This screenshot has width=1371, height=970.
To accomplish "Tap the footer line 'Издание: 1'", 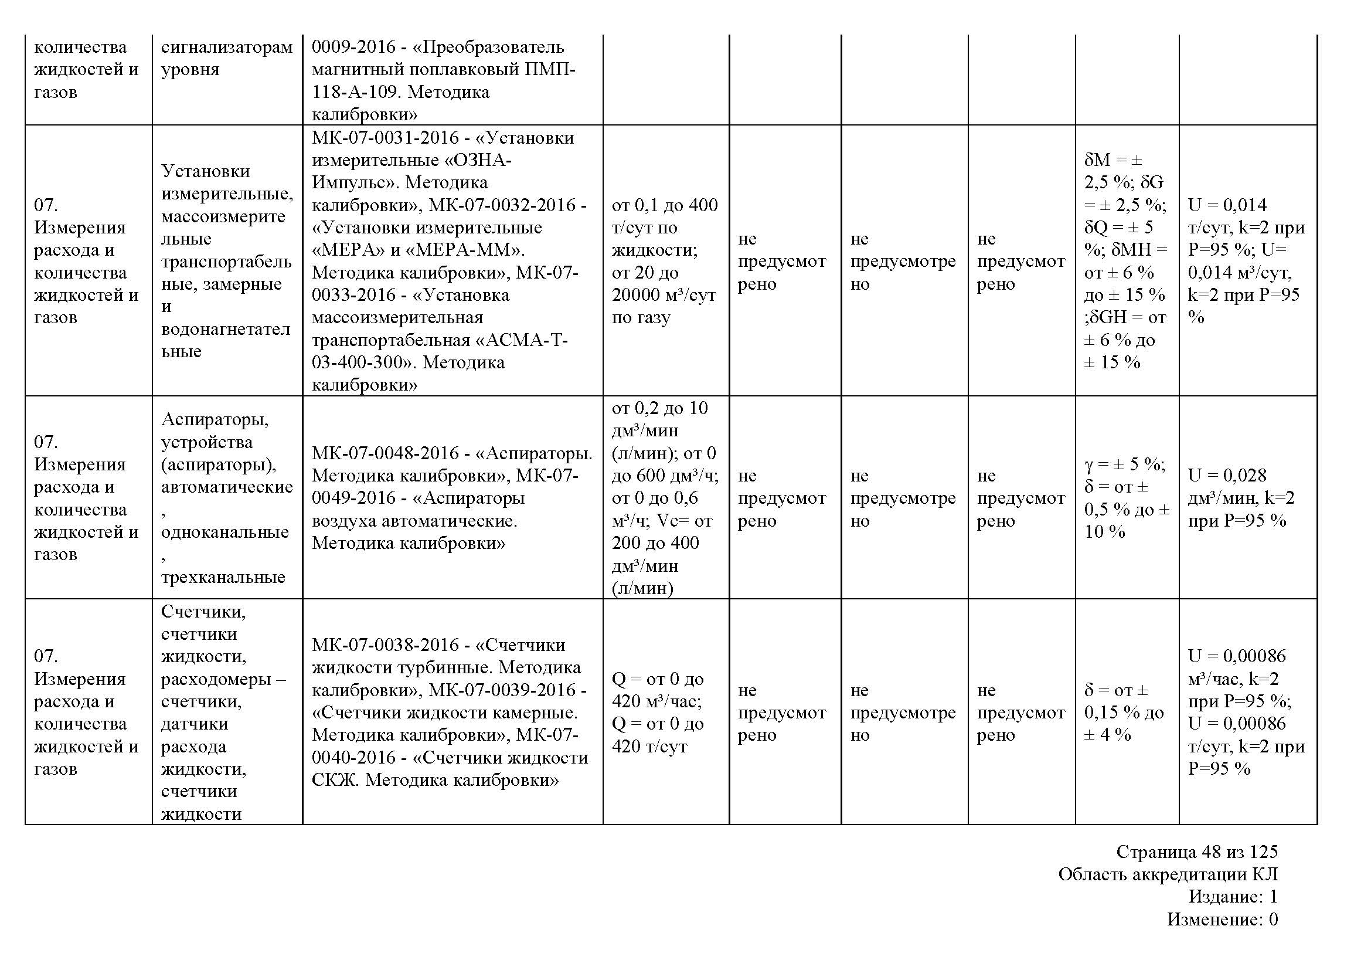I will [x=1233, y=897].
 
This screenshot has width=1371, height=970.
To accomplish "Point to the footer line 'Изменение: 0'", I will [x=1222, y=919].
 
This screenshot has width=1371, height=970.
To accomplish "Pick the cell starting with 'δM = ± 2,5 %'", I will [x=1125, y=261].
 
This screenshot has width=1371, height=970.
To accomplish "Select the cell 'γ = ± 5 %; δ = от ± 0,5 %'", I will [x=1125, y=497].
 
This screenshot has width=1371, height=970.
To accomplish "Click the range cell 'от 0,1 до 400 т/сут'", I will [x=665, y=261].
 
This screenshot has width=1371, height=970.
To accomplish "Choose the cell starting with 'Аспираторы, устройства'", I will [x=226, y=497].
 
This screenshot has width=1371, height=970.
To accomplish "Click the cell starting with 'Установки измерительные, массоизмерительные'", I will [x=226, y=261].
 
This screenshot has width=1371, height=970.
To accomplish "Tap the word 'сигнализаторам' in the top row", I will [x=226, y=47].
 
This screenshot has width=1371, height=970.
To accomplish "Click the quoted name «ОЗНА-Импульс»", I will [x=412, y=171].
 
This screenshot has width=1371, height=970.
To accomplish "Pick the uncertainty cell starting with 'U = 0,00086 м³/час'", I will [x=1246, y=712].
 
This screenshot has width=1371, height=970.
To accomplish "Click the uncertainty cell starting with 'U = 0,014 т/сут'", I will [x=1246, y=261].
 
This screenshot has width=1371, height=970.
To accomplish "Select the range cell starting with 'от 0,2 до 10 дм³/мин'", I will [x=665, y=497].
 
